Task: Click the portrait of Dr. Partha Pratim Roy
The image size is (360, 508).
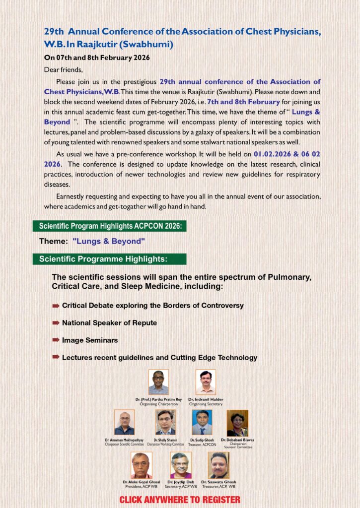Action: pos(158,382)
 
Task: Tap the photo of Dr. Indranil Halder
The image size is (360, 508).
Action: pos(206,382)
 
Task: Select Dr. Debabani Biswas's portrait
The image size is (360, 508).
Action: pos(237,423)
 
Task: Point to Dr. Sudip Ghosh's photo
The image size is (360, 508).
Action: pos(202,423)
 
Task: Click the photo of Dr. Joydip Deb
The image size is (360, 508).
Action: pos(181,465)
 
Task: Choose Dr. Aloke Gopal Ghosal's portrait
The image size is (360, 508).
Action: pos(142,465)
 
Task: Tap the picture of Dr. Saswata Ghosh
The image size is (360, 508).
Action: pos(218,465)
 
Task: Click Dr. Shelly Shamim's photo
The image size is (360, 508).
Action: pos(165,423)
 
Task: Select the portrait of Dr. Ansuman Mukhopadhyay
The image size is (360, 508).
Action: pos(124,423)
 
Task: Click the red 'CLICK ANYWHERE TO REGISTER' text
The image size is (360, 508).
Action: pos(180,500)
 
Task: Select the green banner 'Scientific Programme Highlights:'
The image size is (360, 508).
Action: pos(109,259)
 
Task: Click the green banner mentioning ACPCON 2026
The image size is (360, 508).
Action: pos(110,226)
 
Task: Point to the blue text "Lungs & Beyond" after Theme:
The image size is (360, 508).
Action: pos(108,242)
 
